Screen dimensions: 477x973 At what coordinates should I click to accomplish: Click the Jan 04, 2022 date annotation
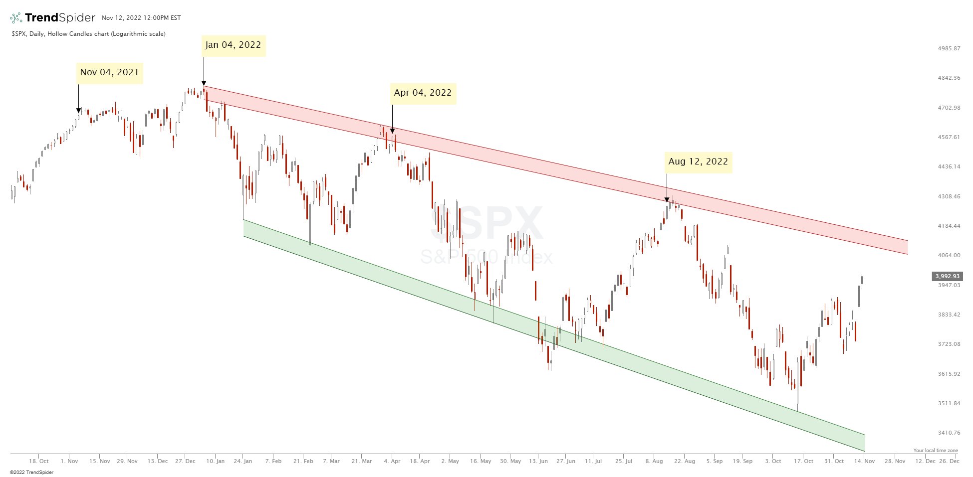coord(233,45)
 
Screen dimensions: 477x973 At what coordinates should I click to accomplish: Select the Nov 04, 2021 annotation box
coord(109,73)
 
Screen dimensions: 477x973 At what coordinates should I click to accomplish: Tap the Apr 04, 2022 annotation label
coord(423,93)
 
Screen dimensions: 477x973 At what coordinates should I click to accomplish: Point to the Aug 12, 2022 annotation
coord(698,162)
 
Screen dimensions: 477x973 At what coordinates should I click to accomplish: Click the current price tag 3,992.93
coord(947,276)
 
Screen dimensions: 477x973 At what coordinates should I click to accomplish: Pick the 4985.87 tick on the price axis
coord(949,49)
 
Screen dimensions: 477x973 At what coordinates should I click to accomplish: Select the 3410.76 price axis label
coord(949,433)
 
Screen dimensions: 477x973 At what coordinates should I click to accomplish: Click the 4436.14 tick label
coord(949,166)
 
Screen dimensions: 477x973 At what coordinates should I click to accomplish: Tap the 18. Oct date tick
coord(39,462)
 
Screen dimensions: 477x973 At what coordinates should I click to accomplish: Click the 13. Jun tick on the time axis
coord(538,462)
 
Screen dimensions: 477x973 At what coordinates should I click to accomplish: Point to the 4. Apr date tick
coord(392,462)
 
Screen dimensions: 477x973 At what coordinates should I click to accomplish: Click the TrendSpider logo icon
coord(16,18)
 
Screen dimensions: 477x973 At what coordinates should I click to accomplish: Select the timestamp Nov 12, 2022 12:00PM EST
coord(141,18)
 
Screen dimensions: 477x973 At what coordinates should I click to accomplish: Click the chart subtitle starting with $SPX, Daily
coord(88,34)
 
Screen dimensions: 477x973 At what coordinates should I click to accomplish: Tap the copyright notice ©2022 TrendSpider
coord(31,473)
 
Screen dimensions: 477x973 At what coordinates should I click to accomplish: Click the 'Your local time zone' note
coord(936,451)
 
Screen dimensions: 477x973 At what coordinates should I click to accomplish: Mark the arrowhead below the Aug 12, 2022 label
coord(667,200)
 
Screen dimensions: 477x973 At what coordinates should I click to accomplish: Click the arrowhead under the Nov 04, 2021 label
coord(78,111)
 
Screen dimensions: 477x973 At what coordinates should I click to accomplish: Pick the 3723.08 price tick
coord(949,344)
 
